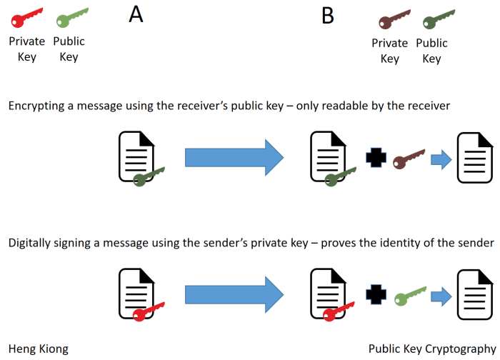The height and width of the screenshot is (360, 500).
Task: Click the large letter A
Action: (x=136, y=14)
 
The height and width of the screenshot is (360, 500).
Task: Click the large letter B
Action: (x=328, y=15)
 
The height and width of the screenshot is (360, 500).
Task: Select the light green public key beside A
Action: (x=72, y=17)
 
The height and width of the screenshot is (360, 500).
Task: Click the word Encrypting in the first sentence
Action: (x=35, y=106)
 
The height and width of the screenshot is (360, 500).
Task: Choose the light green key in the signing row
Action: (x=409, y=294)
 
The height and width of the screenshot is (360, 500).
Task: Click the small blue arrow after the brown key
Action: (x=444, y=158)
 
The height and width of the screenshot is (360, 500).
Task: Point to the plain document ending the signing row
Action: (x=475, y=292)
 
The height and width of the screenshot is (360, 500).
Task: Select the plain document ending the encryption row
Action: (x=475, y=156)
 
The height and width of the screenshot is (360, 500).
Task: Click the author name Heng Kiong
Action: (x=39, y=349)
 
